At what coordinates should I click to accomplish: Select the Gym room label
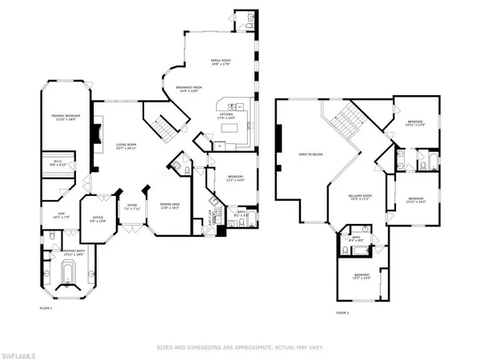(x=58, y=214)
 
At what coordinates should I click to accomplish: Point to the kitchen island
(x=232, y=126)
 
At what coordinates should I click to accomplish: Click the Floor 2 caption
(x=342, y=313)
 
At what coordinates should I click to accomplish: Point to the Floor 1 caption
(x=46, y=308)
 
